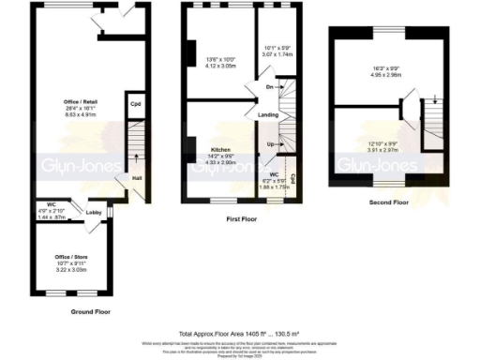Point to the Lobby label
(x=94, y=213)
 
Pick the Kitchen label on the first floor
(x=221, y=150)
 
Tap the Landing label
(x=267, y=114)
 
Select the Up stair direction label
(x=271, y=145)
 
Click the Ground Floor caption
(x=91, y=311)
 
